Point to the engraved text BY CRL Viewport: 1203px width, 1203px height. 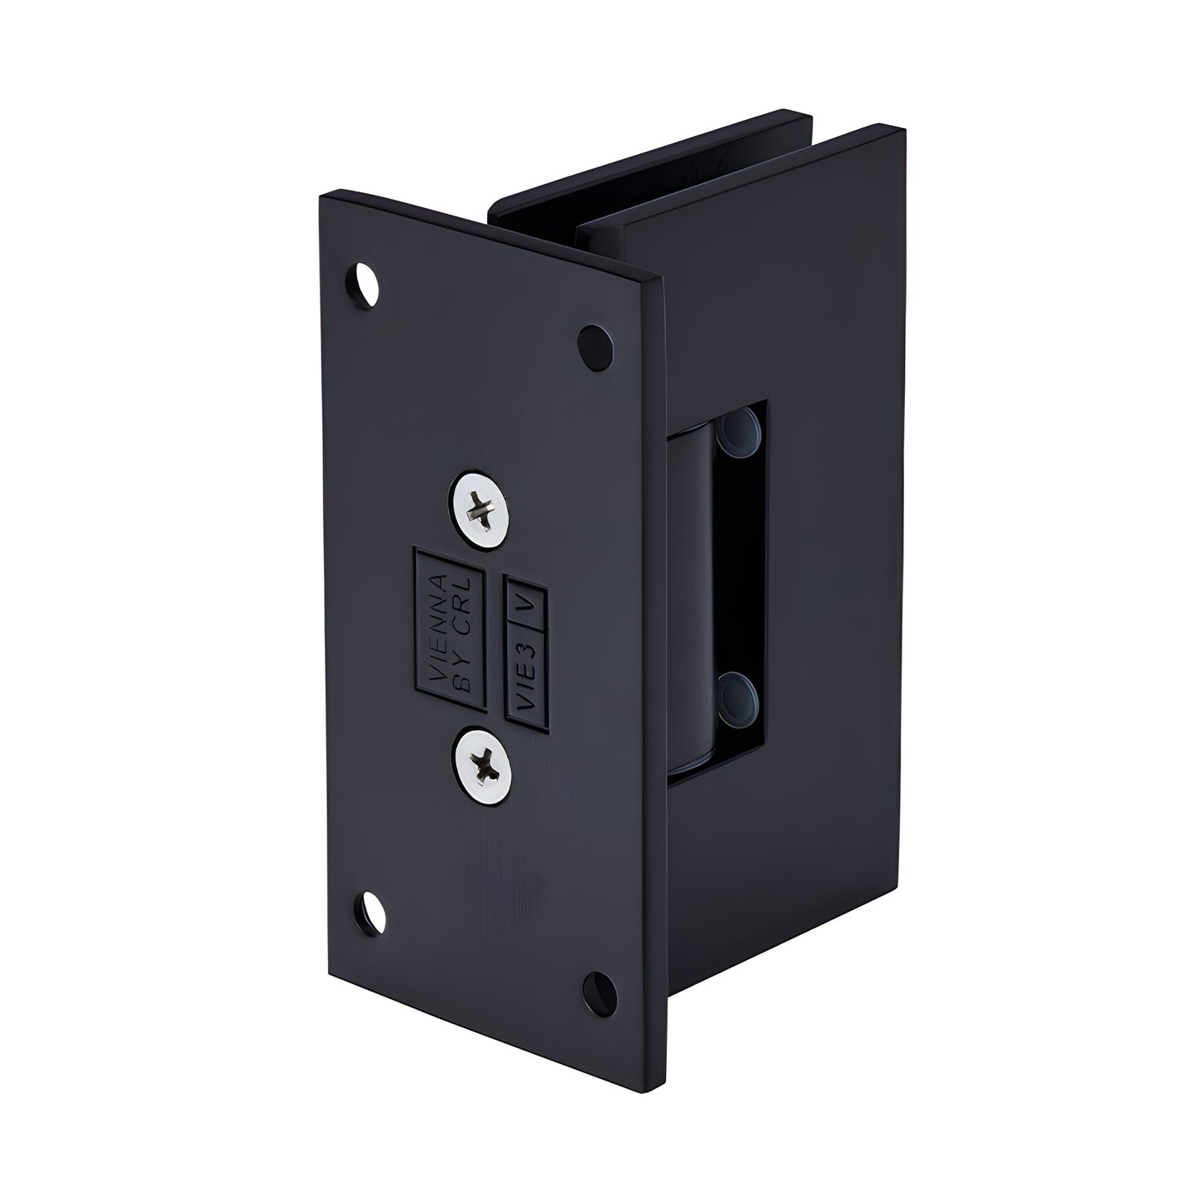coord(465,633)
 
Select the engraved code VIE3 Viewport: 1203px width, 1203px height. coord(525,677)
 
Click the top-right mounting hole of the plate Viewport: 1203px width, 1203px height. coord(594,345)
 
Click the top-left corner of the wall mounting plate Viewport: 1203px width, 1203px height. coord(322,194)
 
